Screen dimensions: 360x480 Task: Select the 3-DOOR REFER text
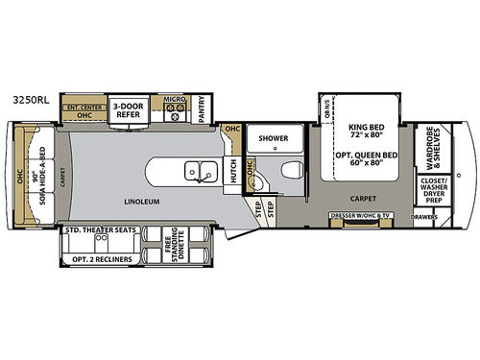click(x=128, y=110)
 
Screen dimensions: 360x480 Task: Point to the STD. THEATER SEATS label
click(x=99, y=230)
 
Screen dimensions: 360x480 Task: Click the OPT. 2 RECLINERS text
click(x=99, y=259)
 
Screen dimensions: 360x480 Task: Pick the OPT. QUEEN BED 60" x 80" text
click(x=368, y=157)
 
